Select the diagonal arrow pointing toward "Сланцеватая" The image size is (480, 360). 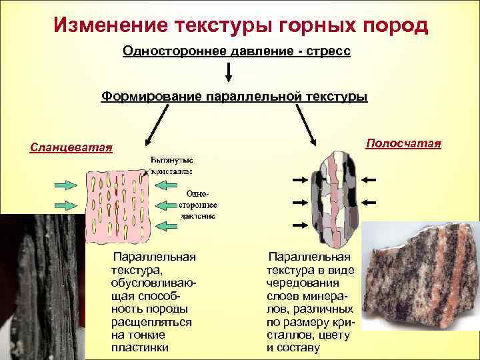click(157, 125)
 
